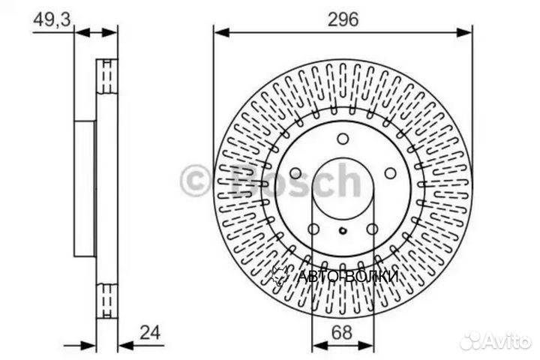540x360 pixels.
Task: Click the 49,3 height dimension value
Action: [51, 19]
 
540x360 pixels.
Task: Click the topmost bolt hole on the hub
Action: [343, 139]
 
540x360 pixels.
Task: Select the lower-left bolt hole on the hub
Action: [315, 227]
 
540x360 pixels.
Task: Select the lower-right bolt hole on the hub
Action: [371, 227]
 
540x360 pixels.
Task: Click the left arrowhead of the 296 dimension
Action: [220, 31]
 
